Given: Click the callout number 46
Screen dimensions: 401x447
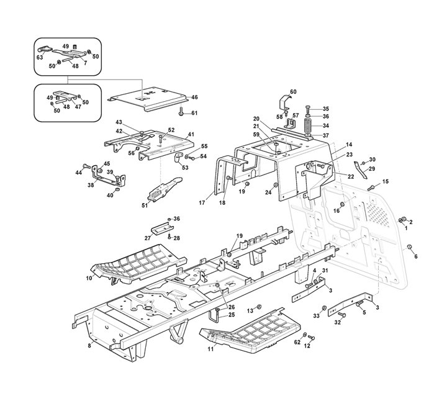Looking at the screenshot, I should pyautogui.click(x=194, y=97).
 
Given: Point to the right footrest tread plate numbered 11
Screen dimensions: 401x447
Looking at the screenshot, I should pyautogui.click(x=247, y=331).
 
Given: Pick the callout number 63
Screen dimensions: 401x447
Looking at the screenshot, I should pyautogui.click(x=40, y=57).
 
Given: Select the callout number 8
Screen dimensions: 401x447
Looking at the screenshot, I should pyautogui.click(x=89, y=345).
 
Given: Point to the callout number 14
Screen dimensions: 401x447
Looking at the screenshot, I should pyautogui.click(x=349, y=144).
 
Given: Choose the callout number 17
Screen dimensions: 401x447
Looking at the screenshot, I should pyautogui.click(x=201, y=202).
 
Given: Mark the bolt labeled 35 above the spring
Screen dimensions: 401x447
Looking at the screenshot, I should pyautogui.click(x=309, y=109).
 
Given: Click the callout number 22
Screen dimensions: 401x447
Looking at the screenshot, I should pyautogui.click(x=351, y=177).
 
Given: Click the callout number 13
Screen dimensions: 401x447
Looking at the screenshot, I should pyautogui.click(x=250, y=309).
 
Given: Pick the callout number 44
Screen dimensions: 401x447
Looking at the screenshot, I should pyautogui.click(x=79, y=173).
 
